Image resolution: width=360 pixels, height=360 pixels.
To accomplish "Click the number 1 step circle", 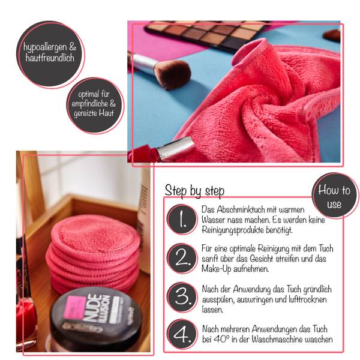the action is [x=182, y=219].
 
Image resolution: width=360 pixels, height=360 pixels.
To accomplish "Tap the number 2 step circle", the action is [x=182, y=258].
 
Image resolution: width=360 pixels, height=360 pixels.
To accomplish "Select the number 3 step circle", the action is [x=182, y=297].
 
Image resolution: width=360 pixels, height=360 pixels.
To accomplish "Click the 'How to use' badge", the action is [x=335, y=196].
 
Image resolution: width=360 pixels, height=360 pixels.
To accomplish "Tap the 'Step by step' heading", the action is [x=194, y=191].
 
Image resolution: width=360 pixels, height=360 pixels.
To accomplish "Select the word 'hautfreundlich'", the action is [x=50, y=58].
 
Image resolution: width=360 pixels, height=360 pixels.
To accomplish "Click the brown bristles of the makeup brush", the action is [x=173, y=73].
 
